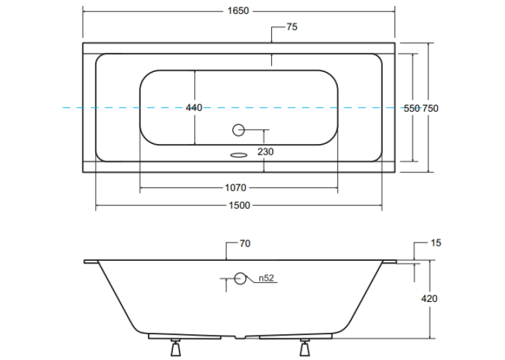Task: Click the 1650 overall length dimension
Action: click(x=238, y=11)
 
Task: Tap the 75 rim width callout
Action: click(x=292, y=27)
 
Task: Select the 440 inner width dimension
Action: click(x=194, y=108)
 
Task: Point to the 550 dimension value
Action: click(x=412, y=108)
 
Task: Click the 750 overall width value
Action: click(x=430, y=108)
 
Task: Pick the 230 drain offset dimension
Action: click(x=265, y=151)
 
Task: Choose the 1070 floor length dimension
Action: click(x=236, y=188)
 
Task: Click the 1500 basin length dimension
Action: click(x=239, y=205)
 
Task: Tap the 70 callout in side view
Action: click(x=245, y=244)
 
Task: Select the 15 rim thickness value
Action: click(x=436, y=242)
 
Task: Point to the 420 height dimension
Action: click(x=429, y=299)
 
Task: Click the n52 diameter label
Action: click(x=266, y=278)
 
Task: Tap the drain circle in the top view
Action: click(x=239, y=130)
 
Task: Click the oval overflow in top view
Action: click(x=239, y=155)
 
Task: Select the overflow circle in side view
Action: click(x=240, y=279)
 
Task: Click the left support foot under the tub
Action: click(x=176, y=347)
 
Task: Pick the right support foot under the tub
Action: click(x=305, y=347)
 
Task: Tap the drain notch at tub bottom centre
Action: click(x=240, y=337)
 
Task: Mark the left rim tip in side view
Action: click(x=84, y=262)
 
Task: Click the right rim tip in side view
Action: click(x=396, y=262)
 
